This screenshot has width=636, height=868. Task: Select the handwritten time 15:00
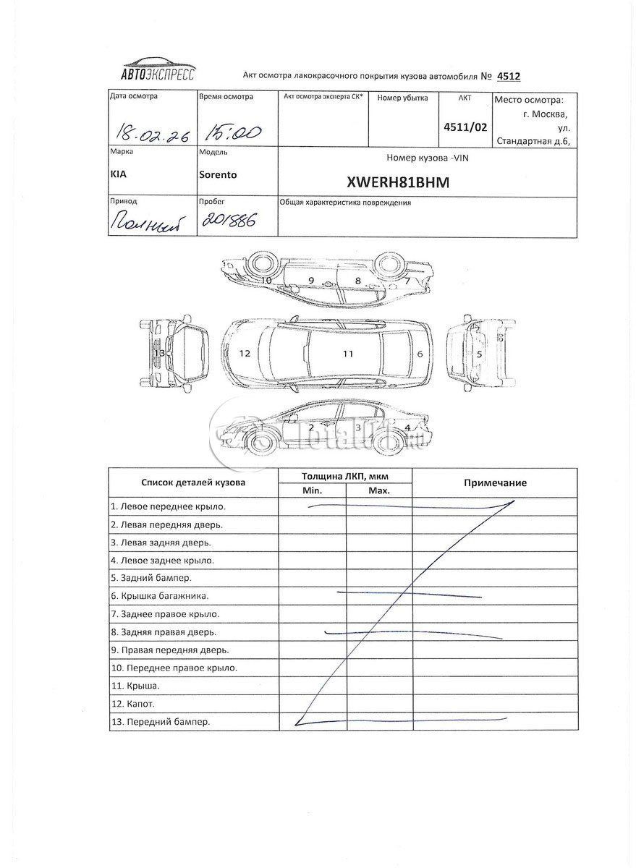pyautogui.click(x=232, y=131)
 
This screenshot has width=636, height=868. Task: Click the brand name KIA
pyautogui.click(x=119, y=174)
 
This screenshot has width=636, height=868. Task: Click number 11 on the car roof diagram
pyautogui.click(x=348, y=354)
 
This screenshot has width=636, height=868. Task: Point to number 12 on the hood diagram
pyautogui.click(x=245, y=354)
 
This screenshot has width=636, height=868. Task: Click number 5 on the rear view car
pyautogui.click(x=479, y=354)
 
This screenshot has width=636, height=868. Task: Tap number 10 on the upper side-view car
pyautogui.click(x=266, y=279)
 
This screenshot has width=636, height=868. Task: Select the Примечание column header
pyautogui.click(x=495, y=482)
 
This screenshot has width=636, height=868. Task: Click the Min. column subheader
pyautogui.click(x=312, y=490)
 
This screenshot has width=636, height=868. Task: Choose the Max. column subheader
pyautogui.click(x=379, y=490)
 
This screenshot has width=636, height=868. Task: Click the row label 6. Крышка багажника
pyautogui.click(x=160, y=596)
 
